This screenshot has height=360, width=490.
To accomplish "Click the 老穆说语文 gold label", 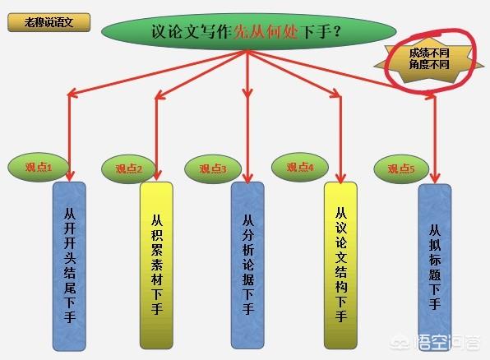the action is pyautogui.click(x=49, y=22).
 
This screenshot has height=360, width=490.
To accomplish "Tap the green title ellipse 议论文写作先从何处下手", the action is pyautogui.click(x=249, y=31).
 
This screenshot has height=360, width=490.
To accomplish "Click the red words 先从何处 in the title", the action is pyautogui.click(x=266, y=31).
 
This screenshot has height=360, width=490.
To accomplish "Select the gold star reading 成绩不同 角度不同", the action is pyautogui.click(x=429, y=59).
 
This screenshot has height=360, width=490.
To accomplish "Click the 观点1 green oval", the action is pyautogui.click(x=38, y=168).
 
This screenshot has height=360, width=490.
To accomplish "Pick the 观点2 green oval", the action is pyautogui.click(x=128, y=169).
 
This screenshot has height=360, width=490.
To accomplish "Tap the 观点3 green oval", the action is pyautogui.click(x=213, y=169).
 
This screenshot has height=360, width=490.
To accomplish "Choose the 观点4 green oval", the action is pyautogui.click(x=300, y=167).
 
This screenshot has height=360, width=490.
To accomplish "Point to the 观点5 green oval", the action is pyautogui.click(x=401, y=169).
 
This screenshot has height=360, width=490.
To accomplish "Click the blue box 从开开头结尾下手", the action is pyautogui.click(x=69, y=266).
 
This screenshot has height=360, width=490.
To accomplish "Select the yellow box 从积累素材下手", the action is pyautogui.click(x=156, y=265).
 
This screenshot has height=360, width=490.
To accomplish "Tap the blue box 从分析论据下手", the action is pyautogui.click(x=247, y=265).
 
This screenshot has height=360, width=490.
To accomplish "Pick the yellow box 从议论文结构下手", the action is pyautogui.click(x=340, y=265).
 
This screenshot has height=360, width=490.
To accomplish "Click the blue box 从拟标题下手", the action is pyautogui.click(x=435, y=267).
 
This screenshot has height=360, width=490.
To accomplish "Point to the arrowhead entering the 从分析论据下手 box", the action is pyautogui.click(x=247, y=178).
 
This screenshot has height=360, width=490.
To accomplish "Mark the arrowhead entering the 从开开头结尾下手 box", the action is pyautogui.click(x=70, y=176).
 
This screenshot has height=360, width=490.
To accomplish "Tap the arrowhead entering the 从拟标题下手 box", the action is pyautogui.click(x=435, y=178).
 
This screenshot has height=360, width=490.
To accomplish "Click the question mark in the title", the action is pyautogui.click(x=336, y=31).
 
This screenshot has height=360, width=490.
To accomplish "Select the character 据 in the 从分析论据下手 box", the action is pyautogui.click(x=247, y=279).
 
